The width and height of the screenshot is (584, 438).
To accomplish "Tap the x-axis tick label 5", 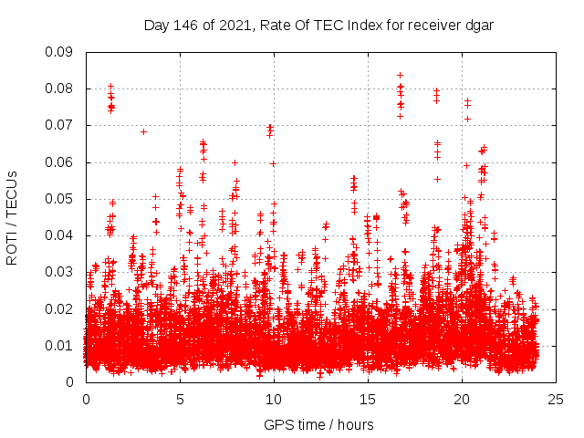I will tap(180, 400).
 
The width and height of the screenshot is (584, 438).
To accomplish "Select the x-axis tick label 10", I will tap(274, 400).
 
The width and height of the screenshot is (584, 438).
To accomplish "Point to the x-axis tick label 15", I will tap(368, 400).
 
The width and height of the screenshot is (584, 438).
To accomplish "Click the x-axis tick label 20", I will tap(462, 400).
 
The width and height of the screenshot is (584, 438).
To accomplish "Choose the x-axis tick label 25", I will tap(556, 400).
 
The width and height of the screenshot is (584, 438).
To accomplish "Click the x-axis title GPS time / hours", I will tap(318, 424).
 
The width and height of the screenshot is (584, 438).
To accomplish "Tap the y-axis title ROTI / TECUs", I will tap(13, 217).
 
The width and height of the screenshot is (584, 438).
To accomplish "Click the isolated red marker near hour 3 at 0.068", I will tap(143, 131).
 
